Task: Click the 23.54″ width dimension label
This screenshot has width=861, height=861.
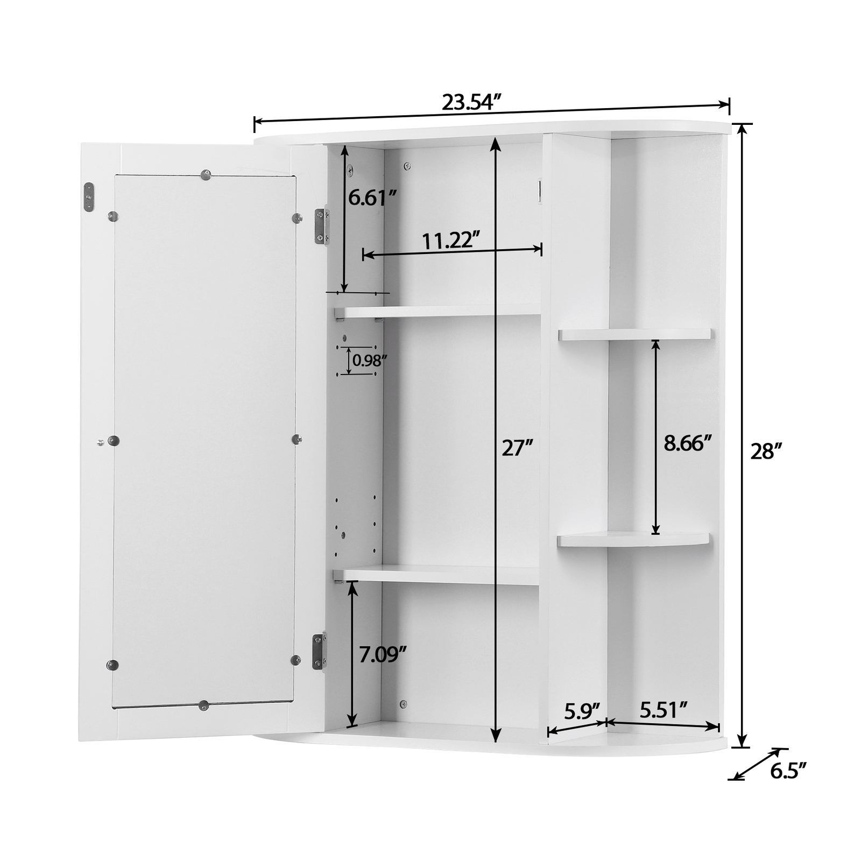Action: [471, 102]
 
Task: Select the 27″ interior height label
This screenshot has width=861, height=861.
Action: [517, 448]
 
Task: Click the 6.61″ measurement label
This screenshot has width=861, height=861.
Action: [372, 197]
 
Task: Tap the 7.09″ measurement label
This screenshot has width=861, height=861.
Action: [383, 655]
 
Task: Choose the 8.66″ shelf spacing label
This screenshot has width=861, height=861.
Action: [687, 443]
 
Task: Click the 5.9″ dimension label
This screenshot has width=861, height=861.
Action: [581, 711]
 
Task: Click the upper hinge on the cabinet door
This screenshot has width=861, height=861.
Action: [322, 226]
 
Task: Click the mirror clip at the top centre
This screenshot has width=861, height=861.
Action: [205, 174]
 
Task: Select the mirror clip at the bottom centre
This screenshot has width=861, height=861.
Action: [203, 705]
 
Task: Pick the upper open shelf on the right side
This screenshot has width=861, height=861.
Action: [635, 334]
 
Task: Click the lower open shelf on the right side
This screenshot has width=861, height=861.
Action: [633, 539]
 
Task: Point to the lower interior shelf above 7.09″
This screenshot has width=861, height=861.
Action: [437, 574]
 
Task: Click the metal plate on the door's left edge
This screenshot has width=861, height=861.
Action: [89, 196]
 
